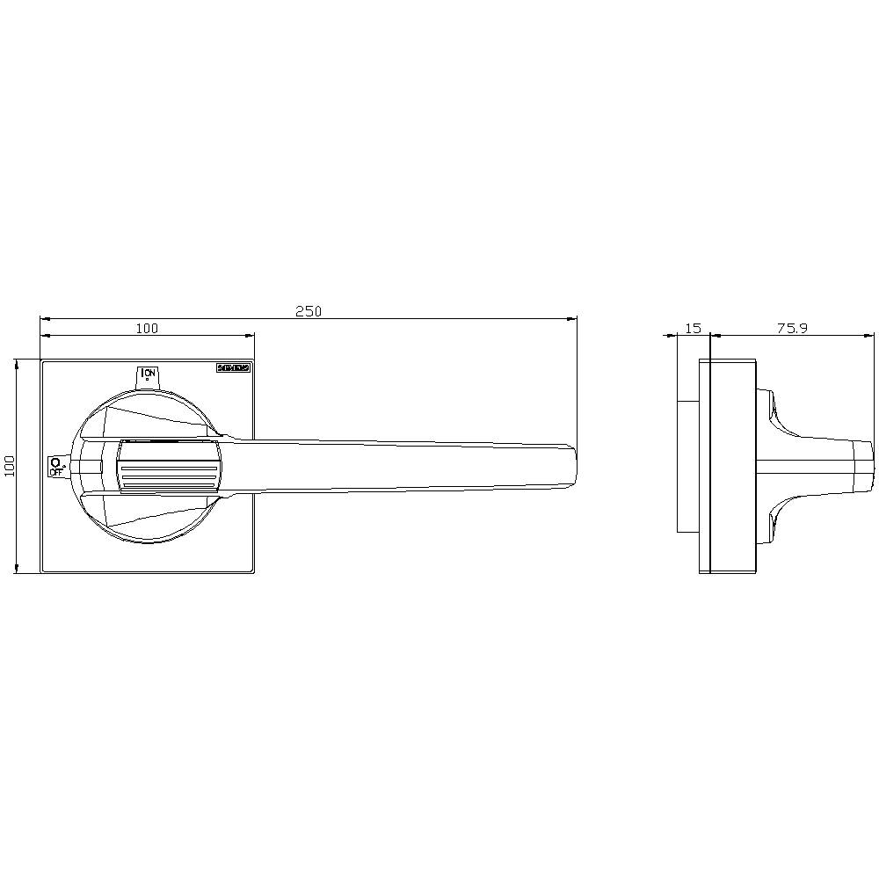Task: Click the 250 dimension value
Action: coord(309,311)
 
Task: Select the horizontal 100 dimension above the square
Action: coord(147,328)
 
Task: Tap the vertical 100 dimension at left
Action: coord(10,466)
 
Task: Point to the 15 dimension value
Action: coord(693,328)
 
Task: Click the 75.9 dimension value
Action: coord(792,328)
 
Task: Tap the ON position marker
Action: coord(148,375)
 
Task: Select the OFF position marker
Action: coord(56,466)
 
